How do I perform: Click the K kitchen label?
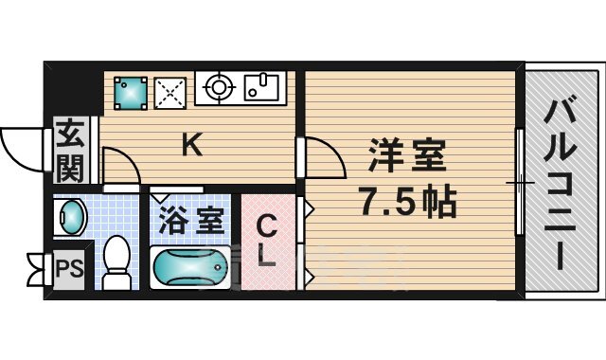(192, 144)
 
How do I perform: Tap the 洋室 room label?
(407, 155)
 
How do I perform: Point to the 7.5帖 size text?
(407, 201)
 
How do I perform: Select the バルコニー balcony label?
(560, 184)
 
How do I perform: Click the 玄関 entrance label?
(70, 151)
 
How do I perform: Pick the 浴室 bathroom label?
(191, 222)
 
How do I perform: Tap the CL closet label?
(267, 242)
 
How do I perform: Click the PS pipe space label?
(69, 267)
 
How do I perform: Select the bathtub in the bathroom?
(189, 267)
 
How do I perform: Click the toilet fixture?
(116, 262)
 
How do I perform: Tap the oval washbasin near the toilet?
(72, 217)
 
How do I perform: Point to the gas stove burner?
(218, 87)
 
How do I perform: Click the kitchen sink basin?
(261, 87)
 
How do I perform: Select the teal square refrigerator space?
(131, 93)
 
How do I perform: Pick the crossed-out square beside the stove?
(170, 93)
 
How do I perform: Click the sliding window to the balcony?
(520, 182)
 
